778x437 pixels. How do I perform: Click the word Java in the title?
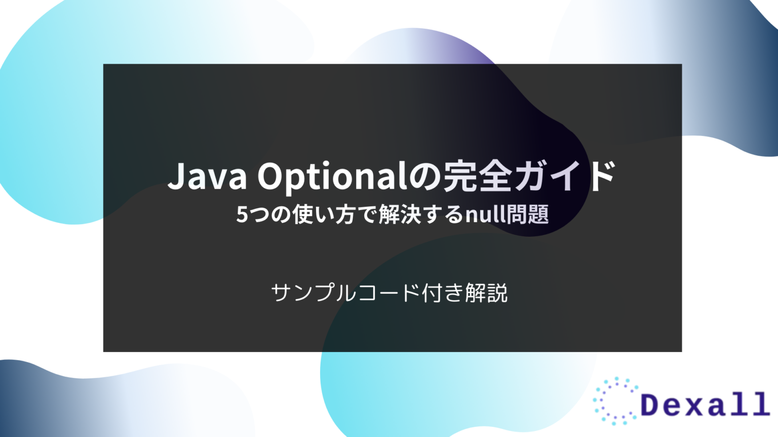pos(207,176)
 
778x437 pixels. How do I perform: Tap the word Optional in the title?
pos(332,176)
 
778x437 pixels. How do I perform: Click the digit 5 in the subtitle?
pos(242,215)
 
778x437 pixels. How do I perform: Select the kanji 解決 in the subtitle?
pos(400,214)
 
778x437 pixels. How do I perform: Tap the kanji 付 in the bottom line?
pos(432,293)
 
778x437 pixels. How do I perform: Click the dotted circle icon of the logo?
pos(615,401)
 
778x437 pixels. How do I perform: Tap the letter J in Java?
pos(175,176)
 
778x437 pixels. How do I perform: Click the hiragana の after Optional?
pos(424,177)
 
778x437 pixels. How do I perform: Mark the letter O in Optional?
pos(273,176)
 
